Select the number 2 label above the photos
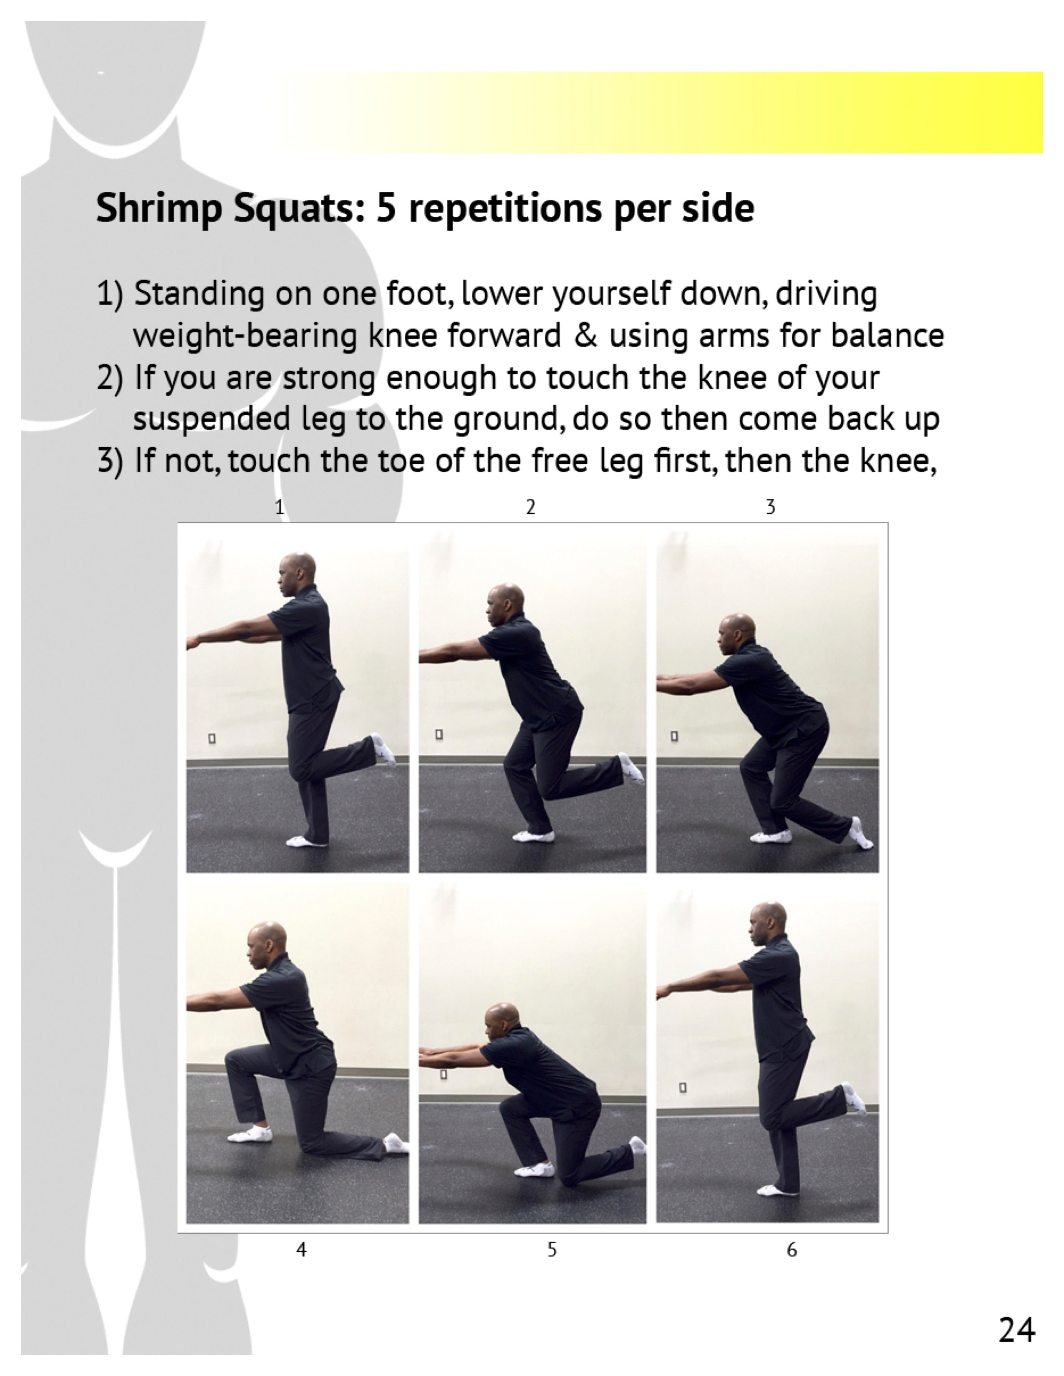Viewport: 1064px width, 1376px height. click(531, 507)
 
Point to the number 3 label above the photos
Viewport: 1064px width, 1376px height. click(770, 507)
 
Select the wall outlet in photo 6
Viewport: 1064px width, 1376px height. click(682, 1087)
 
